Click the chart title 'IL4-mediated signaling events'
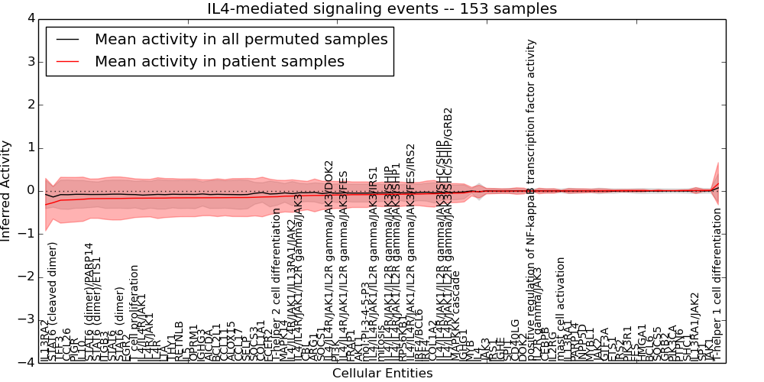click(x=382, y=9)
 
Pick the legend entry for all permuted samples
click(x=241, y=39)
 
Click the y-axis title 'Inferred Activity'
click(x=7, y=190)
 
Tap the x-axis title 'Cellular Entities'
click(x=382, y=374)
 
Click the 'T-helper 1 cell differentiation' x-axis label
click(x=717, y=294)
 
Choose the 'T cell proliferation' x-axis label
click(x=134, y=313)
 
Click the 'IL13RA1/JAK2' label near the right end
click(x=694, y=321)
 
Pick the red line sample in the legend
click(x=67, y=61)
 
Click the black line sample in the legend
click(x=67, y=39)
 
